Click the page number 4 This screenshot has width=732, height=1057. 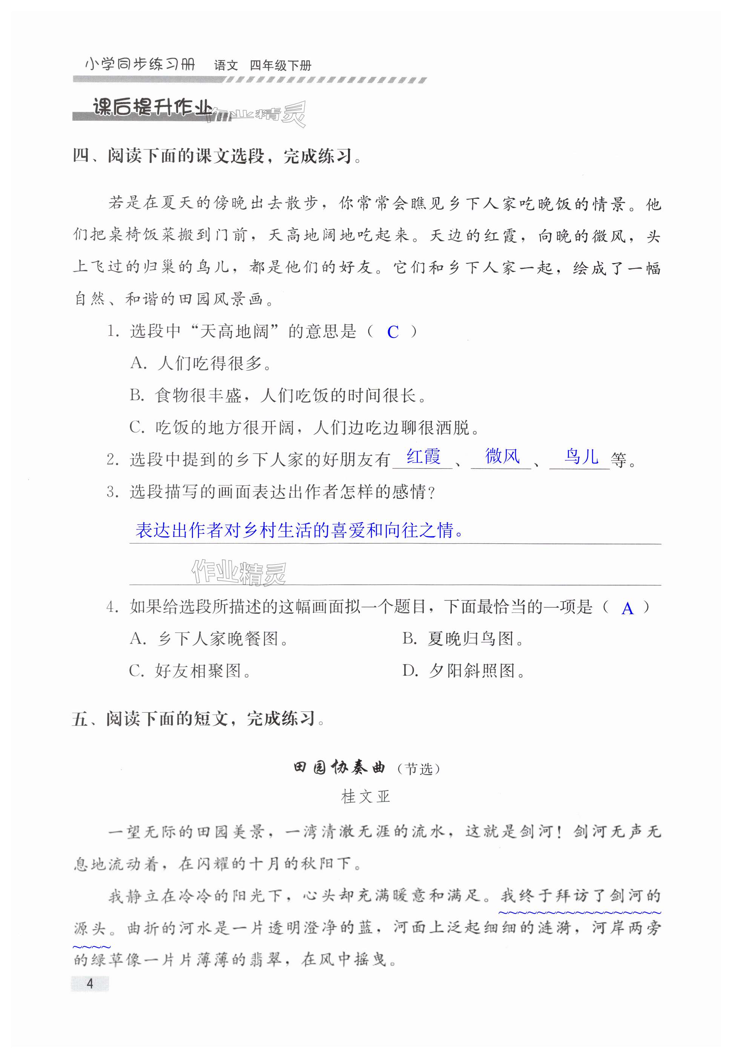(90, 983)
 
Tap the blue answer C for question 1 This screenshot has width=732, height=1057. (393, 332)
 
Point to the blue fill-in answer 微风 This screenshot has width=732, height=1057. (502, 456)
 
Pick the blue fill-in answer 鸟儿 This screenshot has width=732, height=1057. (581, 457)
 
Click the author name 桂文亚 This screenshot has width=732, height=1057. (365, 796)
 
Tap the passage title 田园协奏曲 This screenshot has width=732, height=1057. (339, 767)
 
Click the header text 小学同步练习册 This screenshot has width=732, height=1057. (140, 64)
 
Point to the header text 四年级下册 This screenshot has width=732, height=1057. (281, 66)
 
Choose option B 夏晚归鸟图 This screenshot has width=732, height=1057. (463, 638)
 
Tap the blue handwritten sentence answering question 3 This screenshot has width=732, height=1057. (299, 530)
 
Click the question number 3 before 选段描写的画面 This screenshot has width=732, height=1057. (112, 493)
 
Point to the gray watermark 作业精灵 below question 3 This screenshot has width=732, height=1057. (238, 573)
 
